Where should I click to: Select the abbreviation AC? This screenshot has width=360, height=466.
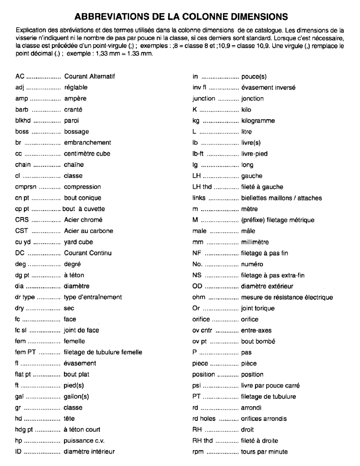20,76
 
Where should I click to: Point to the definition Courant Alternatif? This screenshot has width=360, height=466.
89,76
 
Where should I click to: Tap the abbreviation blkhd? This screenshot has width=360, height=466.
23,121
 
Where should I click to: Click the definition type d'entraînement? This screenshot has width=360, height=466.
93,297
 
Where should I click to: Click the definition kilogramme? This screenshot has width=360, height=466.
258,121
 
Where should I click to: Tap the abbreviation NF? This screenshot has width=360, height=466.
197,254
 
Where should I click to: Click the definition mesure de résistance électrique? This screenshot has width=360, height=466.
287,297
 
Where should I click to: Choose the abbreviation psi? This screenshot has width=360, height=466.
197,386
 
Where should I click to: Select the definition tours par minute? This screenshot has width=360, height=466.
264,452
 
